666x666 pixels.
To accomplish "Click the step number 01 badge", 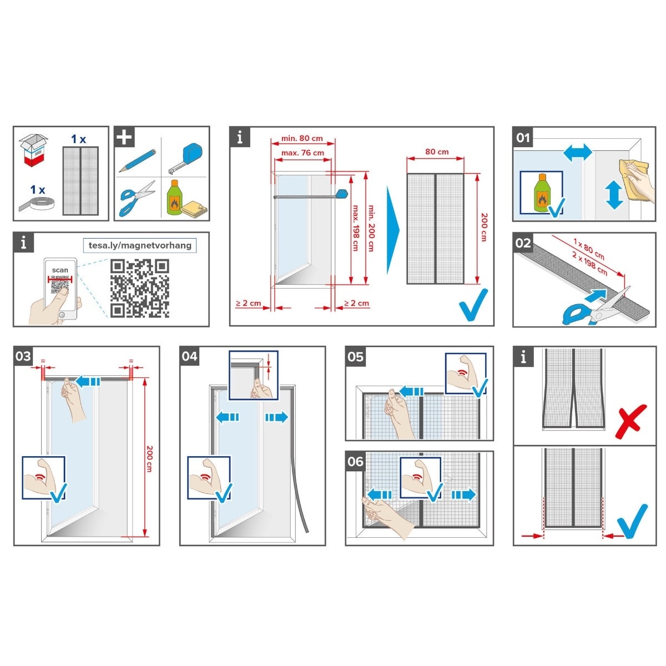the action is click(523, 138).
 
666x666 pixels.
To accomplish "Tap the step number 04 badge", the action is click(189, 356).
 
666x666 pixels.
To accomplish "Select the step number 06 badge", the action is click(355, 461).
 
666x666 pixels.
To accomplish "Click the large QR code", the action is click(140, 288).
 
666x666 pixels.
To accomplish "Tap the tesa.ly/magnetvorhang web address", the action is click(140, 245).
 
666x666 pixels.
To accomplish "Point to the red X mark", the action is click(630, 422).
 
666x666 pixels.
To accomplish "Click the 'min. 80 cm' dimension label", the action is click(302, 138).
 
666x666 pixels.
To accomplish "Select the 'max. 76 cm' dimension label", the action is click(302, 153).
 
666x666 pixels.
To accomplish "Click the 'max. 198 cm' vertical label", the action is click(356, 228).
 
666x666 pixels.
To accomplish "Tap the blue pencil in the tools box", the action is click(137, 161).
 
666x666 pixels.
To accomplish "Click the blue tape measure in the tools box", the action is click(185, 159).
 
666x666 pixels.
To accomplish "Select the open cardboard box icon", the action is click(33, 150).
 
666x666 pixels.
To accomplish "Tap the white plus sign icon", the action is click(124, 137).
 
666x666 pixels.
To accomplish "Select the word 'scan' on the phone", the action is click(60, 270).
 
